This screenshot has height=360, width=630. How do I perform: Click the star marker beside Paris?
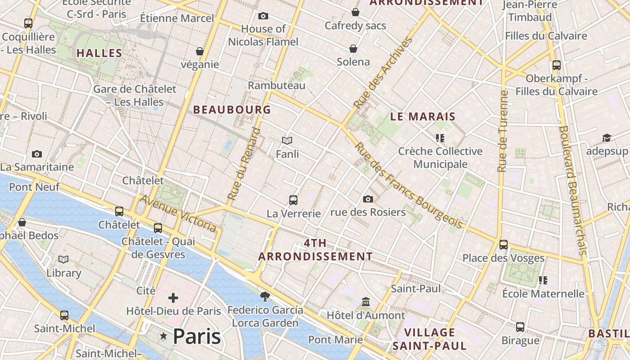coord(163,337)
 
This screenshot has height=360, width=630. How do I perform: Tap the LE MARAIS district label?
coord(423,117)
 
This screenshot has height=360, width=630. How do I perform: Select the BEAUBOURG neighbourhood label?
coord(232,109)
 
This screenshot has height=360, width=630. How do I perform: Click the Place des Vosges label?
coord(504,258)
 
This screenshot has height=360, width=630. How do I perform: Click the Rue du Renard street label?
coord(244,164)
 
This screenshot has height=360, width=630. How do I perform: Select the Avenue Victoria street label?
coord(179,213)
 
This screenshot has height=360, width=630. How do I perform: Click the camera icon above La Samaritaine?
coord(37,154)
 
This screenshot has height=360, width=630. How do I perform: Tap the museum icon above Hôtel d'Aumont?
coord(366,301)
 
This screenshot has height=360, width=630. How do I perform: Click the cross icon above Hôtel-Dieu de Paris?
coord(173,298)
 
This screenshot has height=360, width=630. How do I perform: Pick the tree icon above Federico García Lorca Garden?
coord(265,296)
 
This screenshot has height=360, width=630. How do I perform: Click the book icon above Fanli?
coord(287,141)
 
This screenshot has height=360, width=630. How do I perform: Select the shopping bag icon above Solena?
coord(353,49)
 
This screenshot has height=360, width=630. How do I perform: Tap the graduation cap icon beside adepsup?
coord(607,138)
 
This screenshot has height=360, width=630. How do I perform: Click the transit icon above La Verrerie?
coord(293,200)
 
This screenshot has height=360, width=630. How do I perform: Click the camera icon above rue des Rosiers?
coord(368,199)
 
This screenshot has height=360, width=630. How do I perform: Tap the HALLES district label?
coord(99,53)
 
